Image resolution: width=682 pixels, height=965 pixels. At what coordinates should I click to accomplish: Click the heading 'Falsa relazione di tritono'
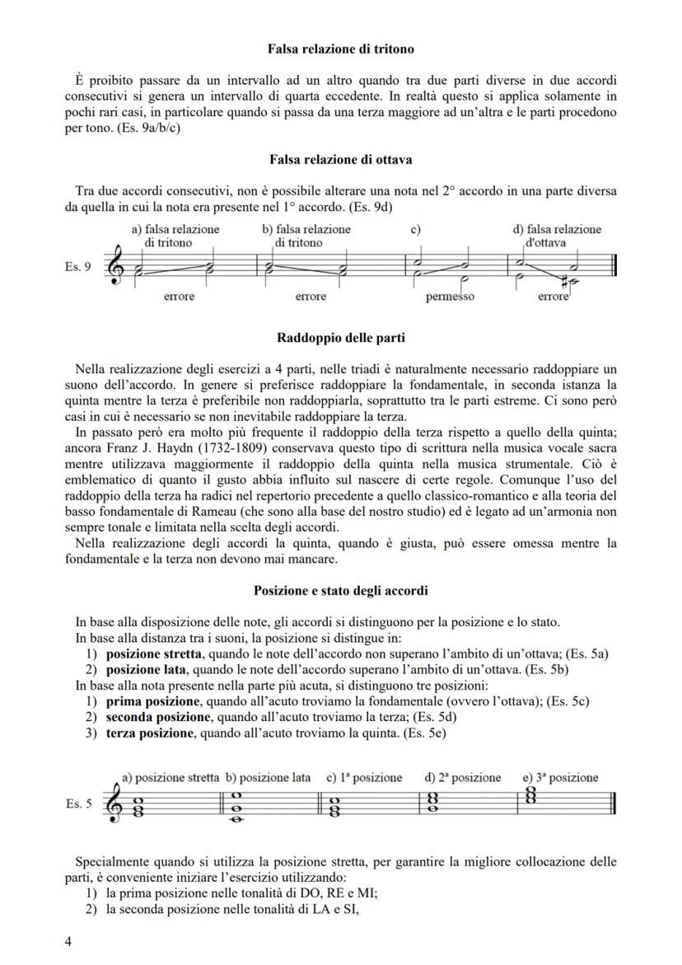click(x=340, y=49)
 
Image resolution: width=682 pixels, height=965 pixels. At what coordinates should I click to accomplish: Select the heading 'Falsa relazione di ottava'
click(x=340, y=159)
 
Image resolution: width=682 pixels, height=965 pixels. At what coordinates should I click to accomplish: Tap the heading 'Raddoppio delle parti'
click(x=340, y=338)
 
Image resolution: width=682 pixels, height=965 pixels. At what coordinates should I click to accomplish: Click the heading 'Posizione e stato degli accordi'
click(x=340, y=591)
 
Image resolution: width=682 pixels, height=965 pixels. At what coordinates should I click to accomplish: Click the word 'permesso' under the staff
click(x=450, y=297)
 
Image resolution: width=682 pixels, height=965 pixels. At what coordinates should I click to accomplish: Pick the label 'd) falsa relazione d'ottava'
click(x=558, y=236)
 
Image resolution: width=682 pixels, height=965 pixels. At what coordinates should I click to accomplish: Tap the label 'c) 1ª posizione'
click(x=364, y=777)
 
